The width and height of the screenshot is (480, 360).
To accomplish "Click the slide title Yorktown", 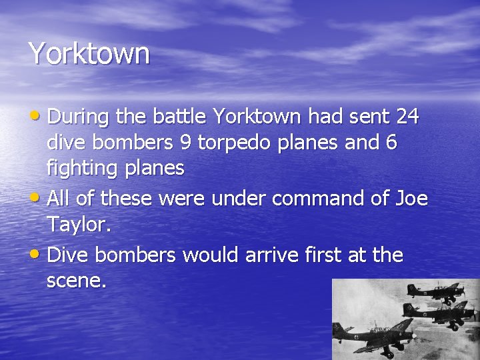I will (89, 53).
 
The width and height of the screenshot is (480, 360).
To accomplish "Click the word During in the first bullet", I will (78, 117).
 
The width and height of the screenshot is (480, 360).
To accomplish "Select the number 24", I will (407, 117).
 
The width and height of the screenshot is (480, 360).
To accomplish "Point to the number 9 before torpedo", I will (185, 143).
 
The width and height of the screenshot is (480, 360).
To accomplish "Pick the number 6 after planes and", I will (391, 143).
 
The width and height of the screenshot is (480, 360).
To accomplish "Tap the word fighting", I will (84, 169).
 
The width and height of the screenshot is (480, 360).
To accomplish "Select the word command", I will (307, 199).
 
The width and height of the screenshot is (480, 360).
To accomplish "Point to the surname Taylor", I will (77, 225).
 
